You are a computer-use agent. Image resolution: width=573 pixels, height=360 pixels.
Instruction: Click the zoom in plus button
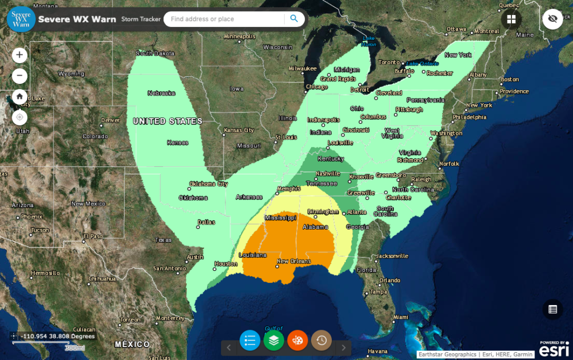coord(20,55)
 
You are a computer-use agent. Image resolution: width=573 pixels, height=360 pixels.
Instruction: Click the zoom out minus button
coord(20,76)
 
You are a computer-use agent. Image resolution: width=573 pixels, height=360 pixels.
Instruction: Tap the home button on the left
coord(20,96)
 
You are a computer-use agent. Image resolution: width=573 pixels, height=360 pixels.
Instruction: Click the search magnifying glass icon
coord(294,19)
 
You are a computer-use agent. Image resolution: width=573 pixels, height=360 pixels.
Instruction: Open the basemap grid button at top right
coord(511,19)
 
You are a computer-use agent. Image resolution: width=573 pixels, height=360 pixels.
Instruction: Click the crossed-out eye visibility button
coord(552,19)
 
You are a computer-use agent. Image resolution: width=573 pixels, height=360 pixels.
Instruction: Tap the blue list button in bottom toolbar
coord(250,340)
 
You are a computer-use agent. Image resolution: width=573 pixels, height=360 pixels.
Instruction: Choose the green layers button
coord(274,340)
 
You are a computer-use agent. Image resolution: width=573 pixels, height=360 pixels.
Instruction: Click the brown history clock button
coord(322,340)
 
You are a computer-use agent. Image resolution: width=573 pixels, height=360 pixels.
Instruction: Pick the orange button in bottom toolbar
coord(298,340)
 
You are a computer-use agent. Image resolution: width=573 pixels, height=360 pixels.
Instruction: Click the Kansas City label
coord(239,130)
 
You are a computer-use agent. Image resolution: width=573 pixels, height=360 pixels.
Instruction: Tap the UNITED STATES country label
coord(167,121)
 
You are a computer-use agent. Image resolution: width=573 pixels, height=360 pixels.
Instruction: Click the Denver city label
coord(111,120)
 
